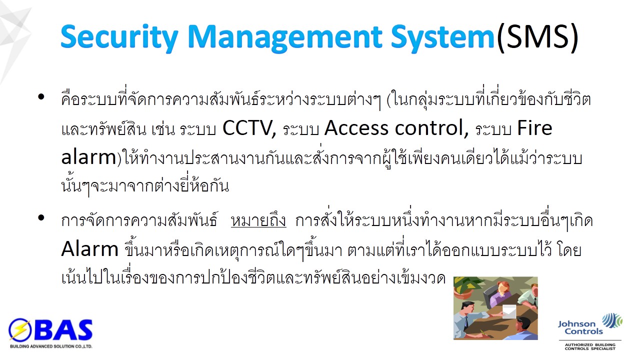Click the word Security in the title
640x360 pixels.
119,37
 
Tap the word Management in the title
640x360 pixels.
285,37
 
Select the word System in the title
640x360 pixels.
442,37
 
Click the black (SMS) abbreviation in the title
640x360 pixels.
537,37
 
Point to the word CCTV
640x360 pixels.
249,128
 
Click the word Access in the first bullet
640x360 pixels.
356,128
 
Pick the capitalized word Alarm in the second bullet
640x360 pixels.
89,248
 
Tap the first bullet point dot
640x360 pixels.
41,96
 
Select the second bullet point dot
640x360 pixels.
41,217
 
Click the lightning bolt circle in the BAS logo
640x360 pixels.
19,330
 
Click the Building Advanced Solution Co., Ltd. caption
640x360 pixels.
51,346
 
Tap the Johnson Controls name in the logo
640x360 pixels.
580,327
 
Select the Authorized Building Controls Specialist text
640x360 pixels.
590,346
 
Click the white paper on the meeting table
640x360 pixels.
509,311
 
